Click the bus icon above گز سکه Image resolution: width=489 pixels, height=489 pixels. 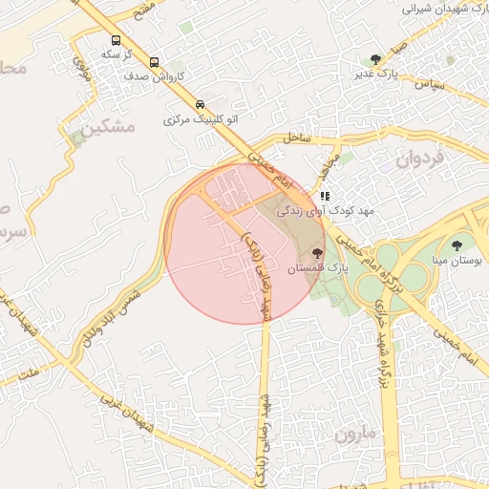[116, 41]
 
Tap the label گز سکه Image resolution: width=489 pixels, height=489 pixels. [116, 54]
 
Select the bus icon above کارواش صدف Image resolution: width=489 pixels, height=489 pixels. [154, 62]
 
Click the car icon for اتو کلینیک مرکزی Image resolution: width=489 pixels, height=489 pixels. [200, 104]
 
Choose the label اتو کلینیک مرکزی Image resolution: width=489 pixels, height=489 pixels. [200, 120]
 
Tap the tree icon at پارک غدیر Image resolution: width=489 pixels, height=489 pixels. [375, 58]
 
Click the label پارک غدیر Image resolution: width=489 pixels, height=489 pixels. [375, 73]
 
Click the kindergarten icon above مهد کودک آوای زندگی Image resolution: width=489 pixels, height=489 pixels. [325, 196]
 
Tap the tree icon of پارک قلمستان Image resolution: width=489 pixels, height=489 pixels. [317, 253]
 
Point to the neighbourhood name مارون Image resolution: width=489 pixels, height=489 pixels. [356, 435]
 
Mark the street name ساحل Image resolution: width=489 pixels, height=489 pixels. [296, 138]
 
